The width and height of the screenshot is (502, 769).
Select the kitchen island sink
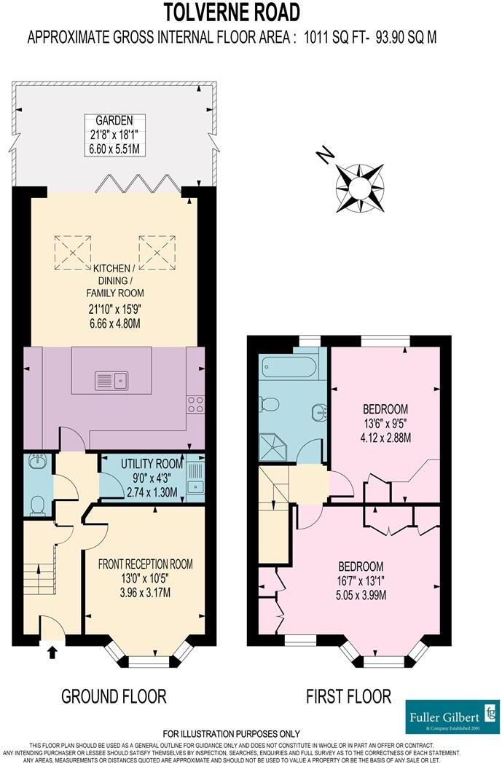pyautogui.click(x=111, y=379)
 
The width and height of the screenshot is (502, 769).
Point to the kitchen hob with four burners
pyautogui.click(x=195, y=404)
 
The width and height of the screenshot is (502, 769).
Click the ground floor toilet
pyautogui.click(x=37, y=505)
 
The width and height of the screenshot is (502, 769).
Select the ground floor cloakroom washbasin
pyautogui.click(x=36, y=462)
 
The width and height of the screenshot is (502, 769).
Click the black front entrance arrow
pyautogui.click(x=52, y=652)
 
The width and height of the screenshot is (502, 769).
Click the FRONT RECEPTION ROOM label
pyautogui.click(x=145, y=564)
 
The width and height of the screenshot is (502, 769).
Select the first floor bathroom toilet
pyautogui.click(x=270, y=404)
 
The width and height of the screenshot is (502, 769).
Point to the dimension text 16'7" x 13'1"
pyautogui.click(x=361, y=581)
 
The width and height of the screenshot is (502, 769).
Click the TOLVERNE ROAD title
pyautogui.click(x=231, y=12)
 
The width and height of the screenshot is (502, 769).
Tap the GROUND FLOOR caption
pyautogui.click(x=114, y=695)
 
